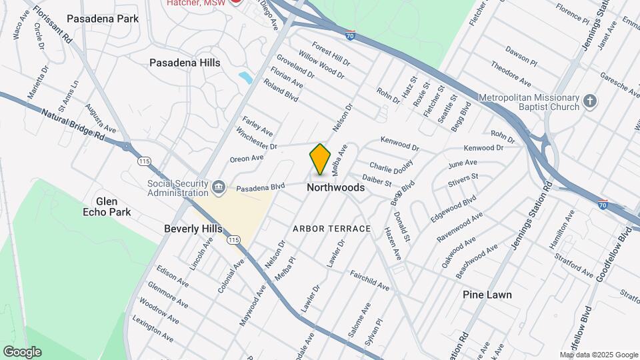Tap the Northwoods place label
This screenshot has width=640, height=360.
[x=335, y=188]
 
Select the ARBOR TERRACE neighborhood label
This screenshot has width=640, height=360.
[x=331, y=229]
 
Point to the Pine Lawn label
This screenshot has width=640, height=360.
[x=488, y=295]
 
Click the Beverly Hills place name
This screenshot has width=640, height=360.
[x=193, y=229]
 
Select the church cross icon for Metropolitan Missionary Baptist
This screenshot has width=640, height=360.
[x=589, y=101]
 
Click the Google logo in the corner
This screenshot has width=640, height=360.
[x=22, y=352]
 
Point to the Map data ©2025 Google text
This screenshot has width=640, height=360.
[x=598, y=355]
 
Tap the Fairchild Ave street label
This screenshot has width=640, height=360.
[x=369, y=280]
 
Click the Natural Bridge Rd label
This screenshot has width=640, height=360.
[x=73, y=125]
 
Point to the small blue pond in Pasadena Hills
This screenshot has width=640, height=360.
[x=245, y=77]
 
